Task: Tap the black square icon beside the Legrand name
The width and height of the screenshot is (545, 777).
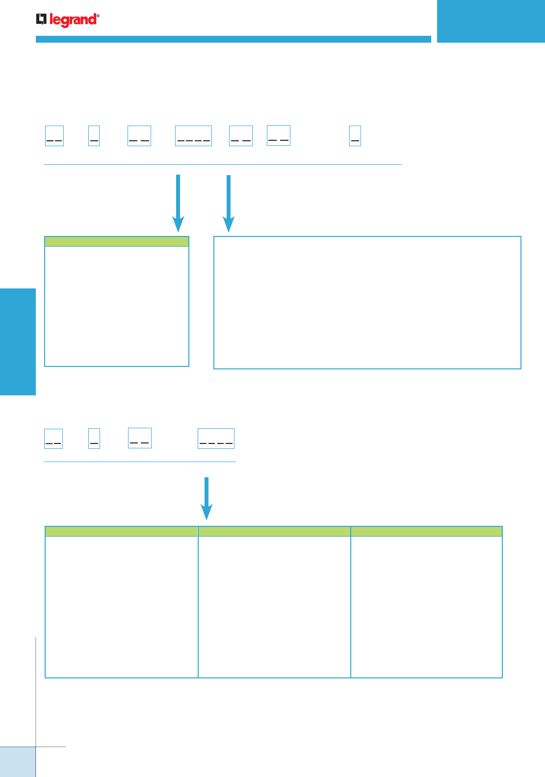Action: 41,19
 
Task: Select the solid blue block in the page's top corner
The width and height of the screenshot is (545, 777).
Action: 491,21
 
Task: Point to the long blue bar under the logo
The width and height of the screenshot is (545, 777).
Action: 233,39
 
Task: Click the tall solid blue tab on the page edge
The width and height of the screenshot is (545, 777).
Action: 18,341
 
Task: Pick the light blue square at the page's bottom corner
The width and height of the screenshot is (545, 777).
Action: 18,762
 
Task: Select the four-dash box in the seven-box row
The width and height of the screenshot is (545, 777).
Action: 193,136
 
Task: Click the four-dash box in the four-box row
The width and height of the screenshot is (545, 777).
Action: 216,439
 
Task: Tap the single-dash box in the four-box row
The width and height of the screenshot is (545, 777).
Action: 94,439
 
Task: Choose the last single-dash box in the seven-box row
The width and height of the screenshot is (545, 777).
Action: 355,136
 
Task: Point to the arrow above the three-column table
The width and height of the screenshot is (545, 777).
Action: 207,498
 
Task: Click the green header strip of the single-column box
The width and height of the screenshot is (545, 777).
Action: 117,241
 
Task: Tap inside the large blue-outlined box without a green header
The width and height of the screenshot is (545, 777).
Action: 367,303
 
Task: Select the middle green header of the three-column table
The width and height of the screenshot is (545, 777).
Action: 274,531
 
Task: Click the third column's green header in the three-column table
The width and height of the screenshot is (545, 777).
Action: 427,531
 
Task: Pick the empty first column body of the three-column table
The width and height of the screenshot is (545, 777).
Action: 121,607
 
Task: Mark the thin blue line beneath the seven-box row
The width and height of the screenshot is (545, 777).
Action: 223,165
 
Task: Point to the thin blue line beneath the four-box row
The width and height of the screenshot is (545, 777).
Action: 140,462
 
